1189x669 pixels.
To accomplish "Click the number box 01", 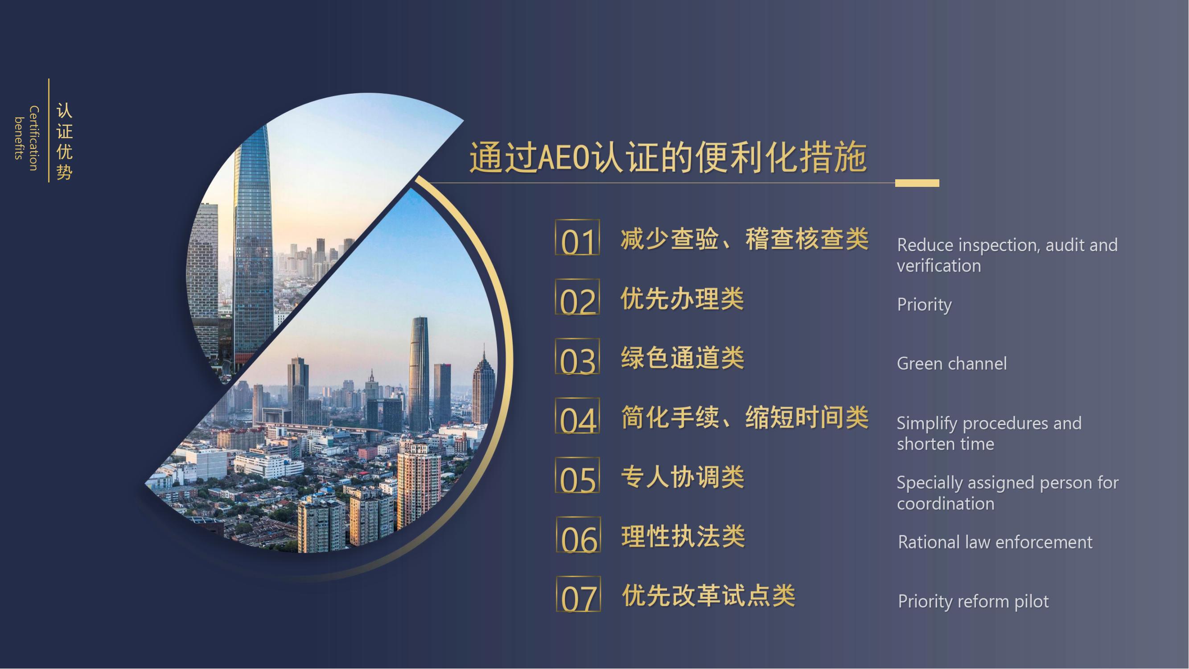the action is tap(577, 237).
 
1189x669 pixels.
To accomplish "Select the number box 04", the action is tap(577, 416).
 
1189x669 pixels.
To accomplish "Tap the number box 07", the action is tap(578, 594).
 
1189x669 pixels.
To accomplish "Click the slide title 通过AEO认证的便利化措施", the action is tap(668, 157).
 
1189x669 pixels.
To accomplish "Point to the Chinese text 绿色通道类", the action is tap(682, 358).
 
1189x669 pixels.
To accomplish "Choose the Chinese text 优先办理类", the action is tap(682, 298).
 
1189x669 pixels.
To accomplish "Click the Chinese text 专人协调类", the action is tap(682, 476).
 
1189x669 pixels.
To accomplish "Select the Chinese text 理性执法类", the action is tap(683, 536).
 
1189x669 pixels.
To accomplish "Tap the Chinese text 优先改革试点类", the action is tap(708, 595).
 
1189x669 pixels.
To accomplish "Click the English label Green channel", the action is tap(952, 364).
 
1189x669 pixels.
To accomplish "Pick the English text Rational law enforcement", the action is tap(995, 542).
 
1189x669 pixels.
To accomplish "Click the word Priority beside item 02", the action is tap(924, 305).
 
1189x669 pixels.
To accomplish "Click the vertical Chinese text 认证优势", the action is tap(65, 141).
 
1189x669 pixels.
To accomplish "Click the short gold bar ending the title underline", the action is tap(917, 183).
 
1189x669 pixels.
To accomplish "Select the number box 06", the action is tap(578, 535).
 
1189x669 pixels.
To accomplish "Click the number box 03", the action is tap(577, 356).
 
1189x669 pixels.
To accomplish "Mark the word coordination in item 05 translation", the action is tap(945, 504).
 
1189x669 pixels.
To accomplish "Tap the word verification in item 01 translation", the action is tap(939, 266).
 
